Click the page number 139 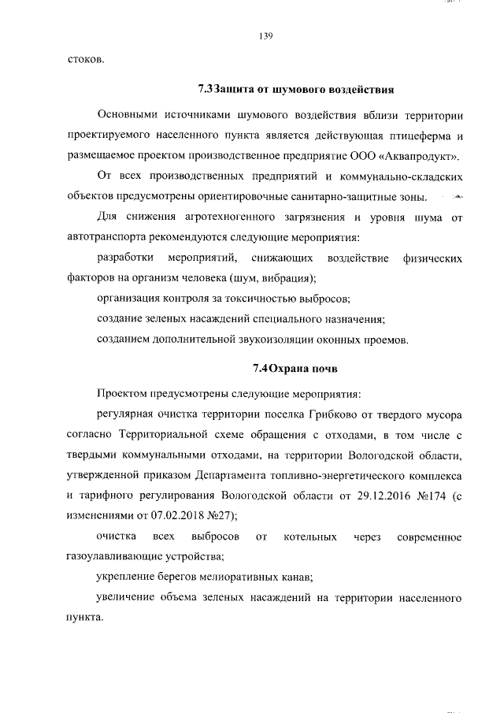coord(265,35)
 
